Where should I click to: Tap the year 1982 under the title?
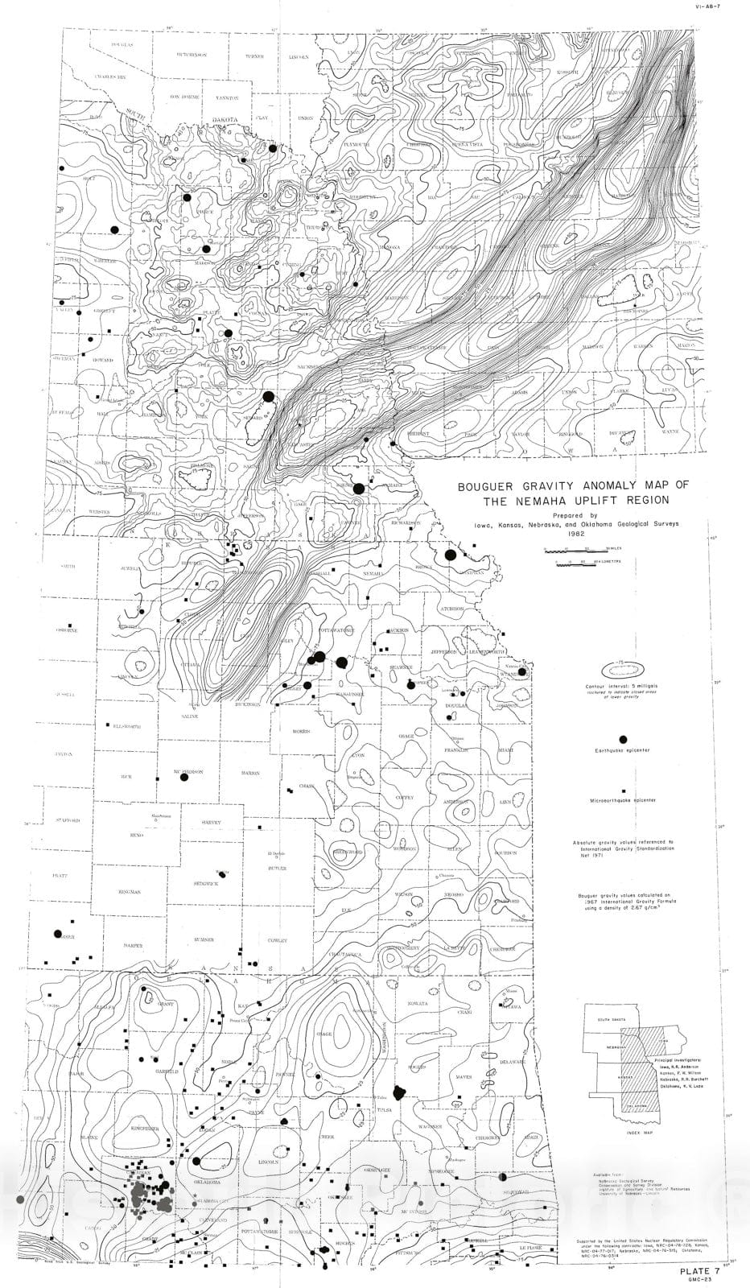575,533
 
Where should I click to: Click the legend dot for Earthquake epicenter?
622,739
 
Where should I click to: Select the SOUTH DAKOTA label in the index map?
610,1020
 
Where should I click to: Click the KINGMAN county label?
128,892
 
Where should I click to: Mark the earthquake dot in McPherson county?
183,777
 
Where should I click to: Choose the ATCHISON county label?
451,609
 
